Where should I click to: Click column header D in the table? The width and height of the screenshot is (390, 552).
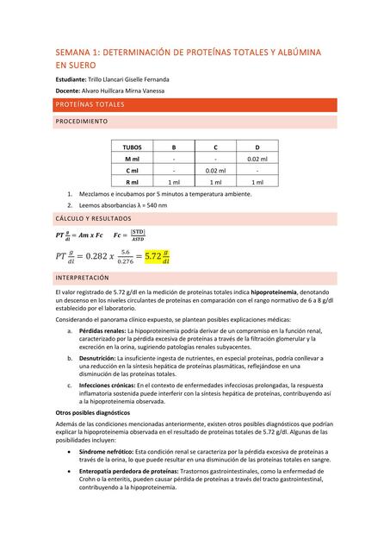click(x=257, y=147)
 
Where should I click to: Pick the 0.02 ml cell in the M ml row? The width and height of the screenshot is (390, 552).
click(x=257, y=160)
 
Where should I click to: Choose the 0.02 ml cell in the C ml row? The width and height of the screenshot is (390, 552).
click(x=215, y=171)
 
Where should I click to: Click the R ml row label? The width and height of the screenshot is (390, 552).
click(x=133, y=182)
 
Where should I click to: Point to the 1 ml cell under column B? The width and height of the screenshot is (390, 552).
click(x=174, y=182)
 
